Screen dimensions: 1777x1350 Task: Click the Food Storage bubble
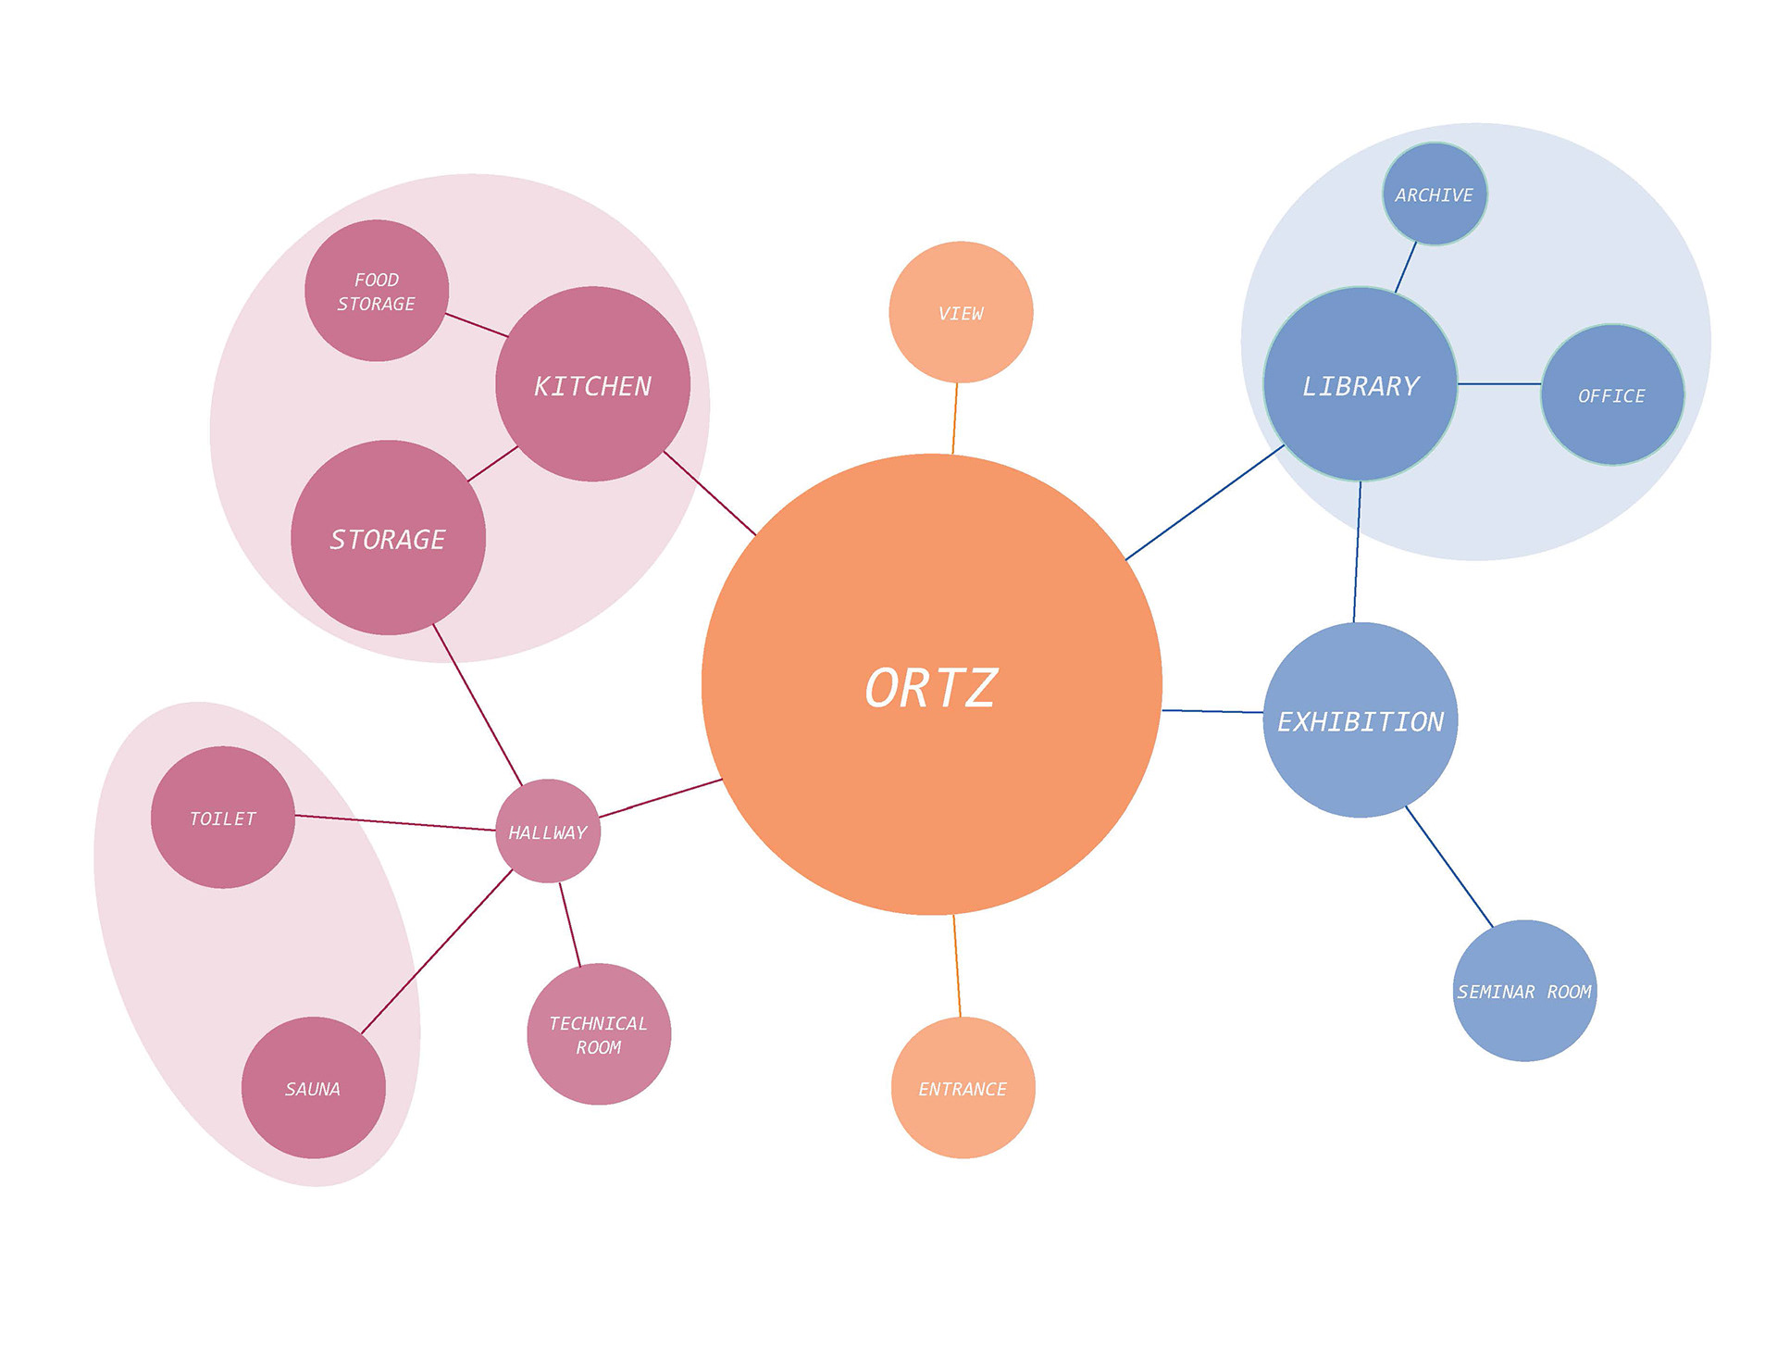point(377,291)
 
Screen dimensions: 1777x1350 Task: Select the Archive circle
point(1435,194)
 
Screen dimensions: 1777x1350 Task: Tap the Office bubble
point(1612,395)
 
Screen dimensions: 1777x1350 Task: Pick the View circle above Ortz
point(961,313)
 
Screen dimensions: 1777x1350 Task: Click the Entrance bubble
point(963,1088)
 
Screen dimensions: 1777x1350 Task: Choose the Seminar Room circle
point(1524,991)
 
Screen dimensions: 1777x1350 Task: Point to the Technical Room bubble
point(599,1034)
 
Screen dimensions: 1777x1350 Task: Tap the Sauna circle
point(313,1088)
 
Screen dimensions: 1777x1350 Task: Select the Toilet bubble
point(223,818)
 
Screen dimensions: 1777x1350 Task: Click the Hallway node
point(548,831)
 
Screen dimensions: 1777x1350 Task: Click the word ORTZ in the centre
point(931,688)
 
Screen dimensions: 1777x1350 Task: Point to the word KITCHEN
point(593,386)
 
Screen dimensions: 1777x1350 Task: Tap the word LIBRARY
point(1361,386)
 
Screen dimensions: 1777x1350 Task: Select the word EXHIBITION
point(1361,721)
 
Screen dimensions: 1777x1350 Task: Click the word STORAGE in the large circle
point(388,539)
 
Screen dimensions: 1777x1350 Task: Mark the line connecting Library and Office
point(1499,383)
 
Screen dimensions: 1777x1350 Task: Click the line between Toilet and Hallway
point(395,823)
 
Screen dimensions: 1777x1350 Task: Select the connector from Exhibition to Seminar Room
point(1449,867)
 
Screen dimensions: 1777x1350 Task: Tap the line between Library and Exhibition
point(1358,552)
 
